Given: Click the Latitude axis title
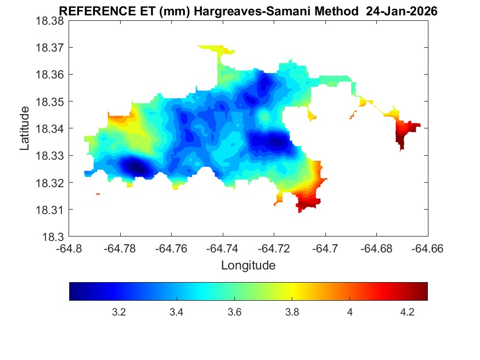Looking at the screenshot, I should [25, 129].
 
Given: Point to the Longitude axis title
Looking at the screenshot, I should [248, 266].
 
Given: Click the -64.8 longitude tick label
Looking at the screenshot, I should [70, 249].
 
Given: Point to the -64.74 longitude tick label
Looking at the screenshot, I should [223, 249].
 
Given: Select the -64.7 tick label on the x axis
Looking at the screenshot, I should [325, 249].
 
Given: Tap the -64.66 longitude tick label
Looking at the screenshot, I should [427, 249].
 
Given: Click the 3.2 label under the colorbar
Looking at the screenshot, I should [119, 312].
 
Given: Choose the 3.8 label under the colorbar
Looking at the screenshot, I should [292, 312].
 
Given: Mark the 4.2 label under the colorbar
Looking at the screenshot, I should [407, 312].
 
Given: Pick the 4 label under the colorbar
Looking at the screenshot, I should [349, 312].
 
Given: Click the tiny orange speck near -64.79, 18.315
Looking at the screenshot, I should [98, 194].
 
